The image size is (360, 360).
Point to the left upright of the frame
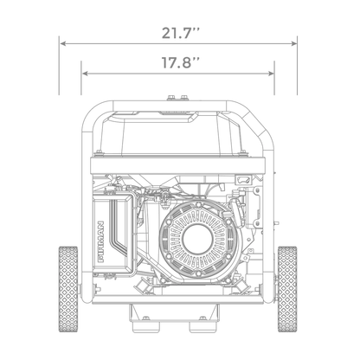click(86, 216)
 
